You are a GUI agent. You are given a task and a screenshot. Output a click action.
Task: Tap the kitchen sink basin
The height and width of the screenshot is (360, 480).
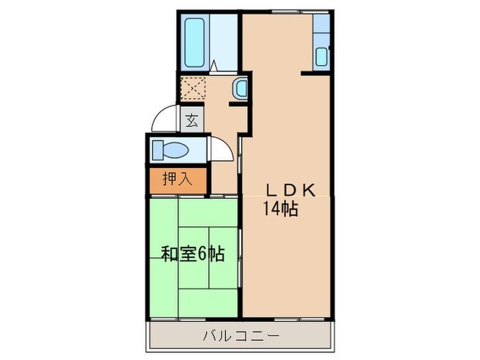coord(322,56)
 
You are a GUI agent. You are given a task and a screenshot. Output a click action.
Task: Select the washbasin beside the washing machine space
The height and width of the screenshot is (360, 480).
coord(240,88)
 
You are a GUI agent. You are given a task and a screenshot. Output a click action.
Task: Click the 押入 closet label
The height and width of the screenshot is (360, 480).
coord(177,180)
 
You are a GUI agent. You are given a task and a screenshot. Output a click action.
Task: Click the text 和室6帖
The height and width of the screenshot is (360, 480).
coord(193,254)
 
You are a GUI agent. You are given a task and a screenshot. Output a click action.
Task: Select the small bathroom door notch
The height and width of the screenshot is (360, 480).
coord(215,67)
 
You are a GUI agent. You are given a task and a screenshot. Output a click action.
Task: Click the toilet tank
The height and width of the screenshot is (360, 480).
coord(158,149)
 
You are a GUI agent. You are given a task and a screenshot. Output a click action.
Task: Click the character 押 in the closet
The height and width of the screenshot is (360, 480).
coord(169,180)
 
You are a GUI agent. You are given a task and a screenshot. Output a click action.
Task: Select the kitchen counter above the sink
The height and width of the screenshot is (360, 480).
coord(322,26)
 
